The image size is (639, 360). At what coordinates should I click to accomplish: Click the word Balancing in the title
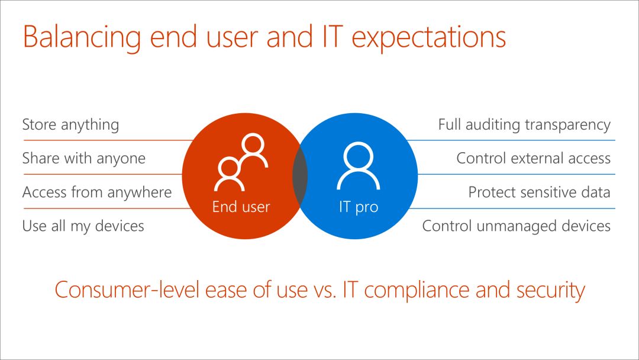(x=82, y=37)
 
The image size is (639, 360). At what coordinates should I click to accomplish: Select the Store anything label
(x=70, y=125)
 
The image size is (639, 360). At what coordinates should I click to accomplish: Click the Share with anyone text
(x=84, y=159)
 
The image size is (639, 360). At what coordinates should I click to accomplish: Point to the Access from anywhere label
(x=97, y=192)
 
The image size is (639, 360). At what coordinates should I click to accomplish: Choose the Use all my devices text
(x=83, y=226)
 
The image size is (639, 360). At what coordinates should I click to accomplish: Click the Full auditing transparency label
(x=524, y=125)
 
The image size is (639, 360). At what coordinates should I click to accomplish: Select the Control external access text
(x=534, y=158)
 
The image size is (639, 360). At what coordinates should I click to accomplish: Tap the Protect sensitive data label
(x=539, y=192)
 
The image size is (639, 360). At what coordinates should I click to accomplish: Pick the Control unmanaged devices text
(x=517, y=226)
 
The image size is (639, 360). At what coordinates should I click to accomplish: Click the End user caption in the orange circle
(x=241, y=207)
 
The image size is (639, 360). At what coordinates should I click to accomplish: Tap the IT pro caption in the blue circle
(x=359, y=207)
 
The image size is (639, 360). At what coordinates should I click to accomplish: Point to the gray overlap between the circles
(x=300, y=176)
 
